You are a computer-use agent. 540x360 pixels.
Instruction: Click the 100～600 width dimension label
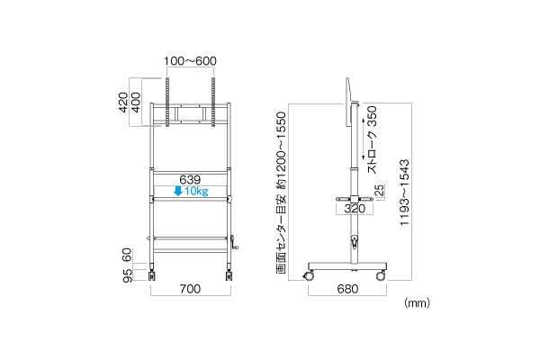tap(190, 61)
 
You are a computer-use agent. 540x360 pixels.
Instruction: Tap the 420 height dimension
tap(123, 103)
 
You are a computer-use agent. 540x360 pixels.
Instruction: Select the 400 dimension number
tap(136, 103)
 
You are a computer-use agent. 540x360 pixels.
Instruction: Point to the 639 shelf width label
tap(190, 179)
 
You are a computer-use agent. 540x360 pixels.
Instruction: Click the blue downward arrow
tap(178, 191)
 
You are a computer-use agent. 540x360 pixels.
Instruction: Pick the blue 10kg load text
tap(196, 191)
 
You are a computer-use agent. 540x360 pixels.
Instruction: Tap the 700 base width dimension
tap(190, 289)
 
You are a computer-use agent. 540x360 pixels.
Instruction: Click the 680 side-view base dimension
tap(347, 289)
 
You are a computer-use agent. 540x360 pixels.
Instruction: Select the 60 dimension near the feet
tap(127, 255)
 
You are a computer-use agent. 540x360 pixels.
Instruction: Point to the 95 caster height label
tap(127, 275)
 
